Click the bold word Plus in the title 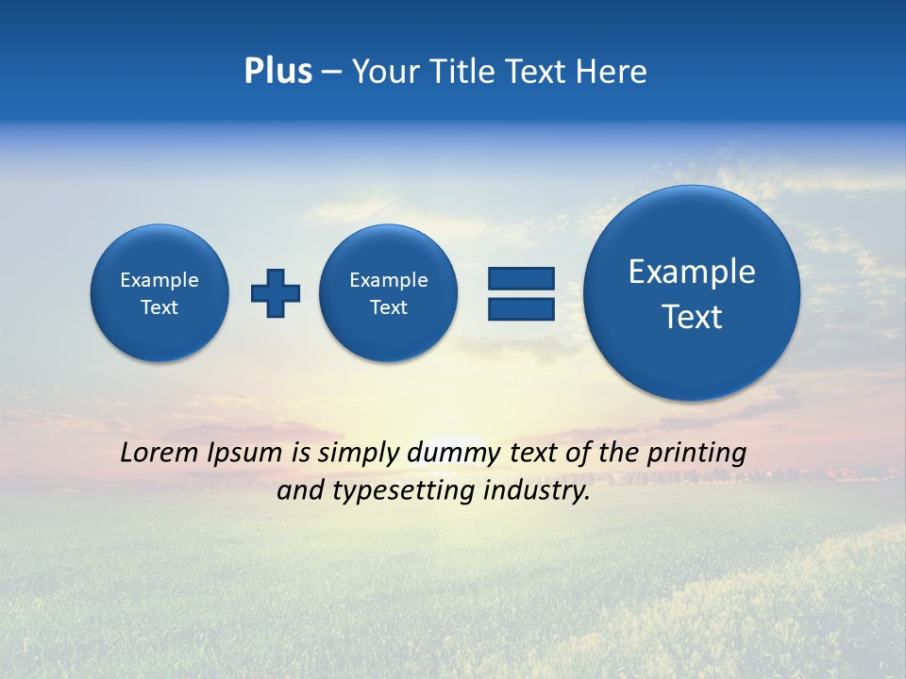(x=277, y=72)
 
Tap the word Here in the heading (x=612, y=72)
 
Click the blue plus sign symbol (x=276, y=292)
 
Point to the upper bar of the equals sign (x=521, y=278)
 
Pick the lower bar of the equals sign (x=521, y=309)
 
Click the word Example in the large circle (x=692, y=272)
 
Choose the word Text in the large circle (x=692, y=317)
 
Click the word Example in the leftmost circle (x=159, y=280)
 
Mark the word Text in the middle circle (x=388, y=307)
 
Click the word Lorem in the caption (x=159, y=453)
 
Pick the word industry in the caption (x=536, y=491)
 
